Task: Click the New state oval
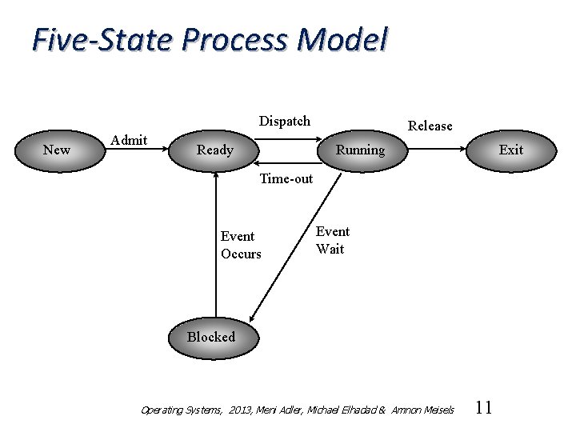tap(57, 150)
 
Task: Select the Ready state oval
tap(215, 150)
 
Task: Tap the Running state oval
tap(360, 150)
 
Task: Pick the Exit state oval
tap(510, 150)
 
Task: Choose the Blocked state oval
tap(210, 337)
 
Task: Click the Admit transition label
tap(129, 140)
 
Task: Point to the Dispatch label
tap(285, 121)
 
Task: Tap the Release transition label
tap(430, 126)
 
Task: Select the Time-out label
tap(286, 178)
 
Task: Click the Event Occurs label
tap(241, 245)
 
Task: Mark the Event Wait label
tap(332, 240)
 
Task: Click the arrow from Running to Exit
tap(436, 150)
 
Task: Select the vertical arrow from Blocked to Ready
tap(216, 248)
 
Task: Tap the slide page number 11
tap(483, 408)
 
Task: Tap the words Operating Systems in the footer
tap(181, 410)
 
